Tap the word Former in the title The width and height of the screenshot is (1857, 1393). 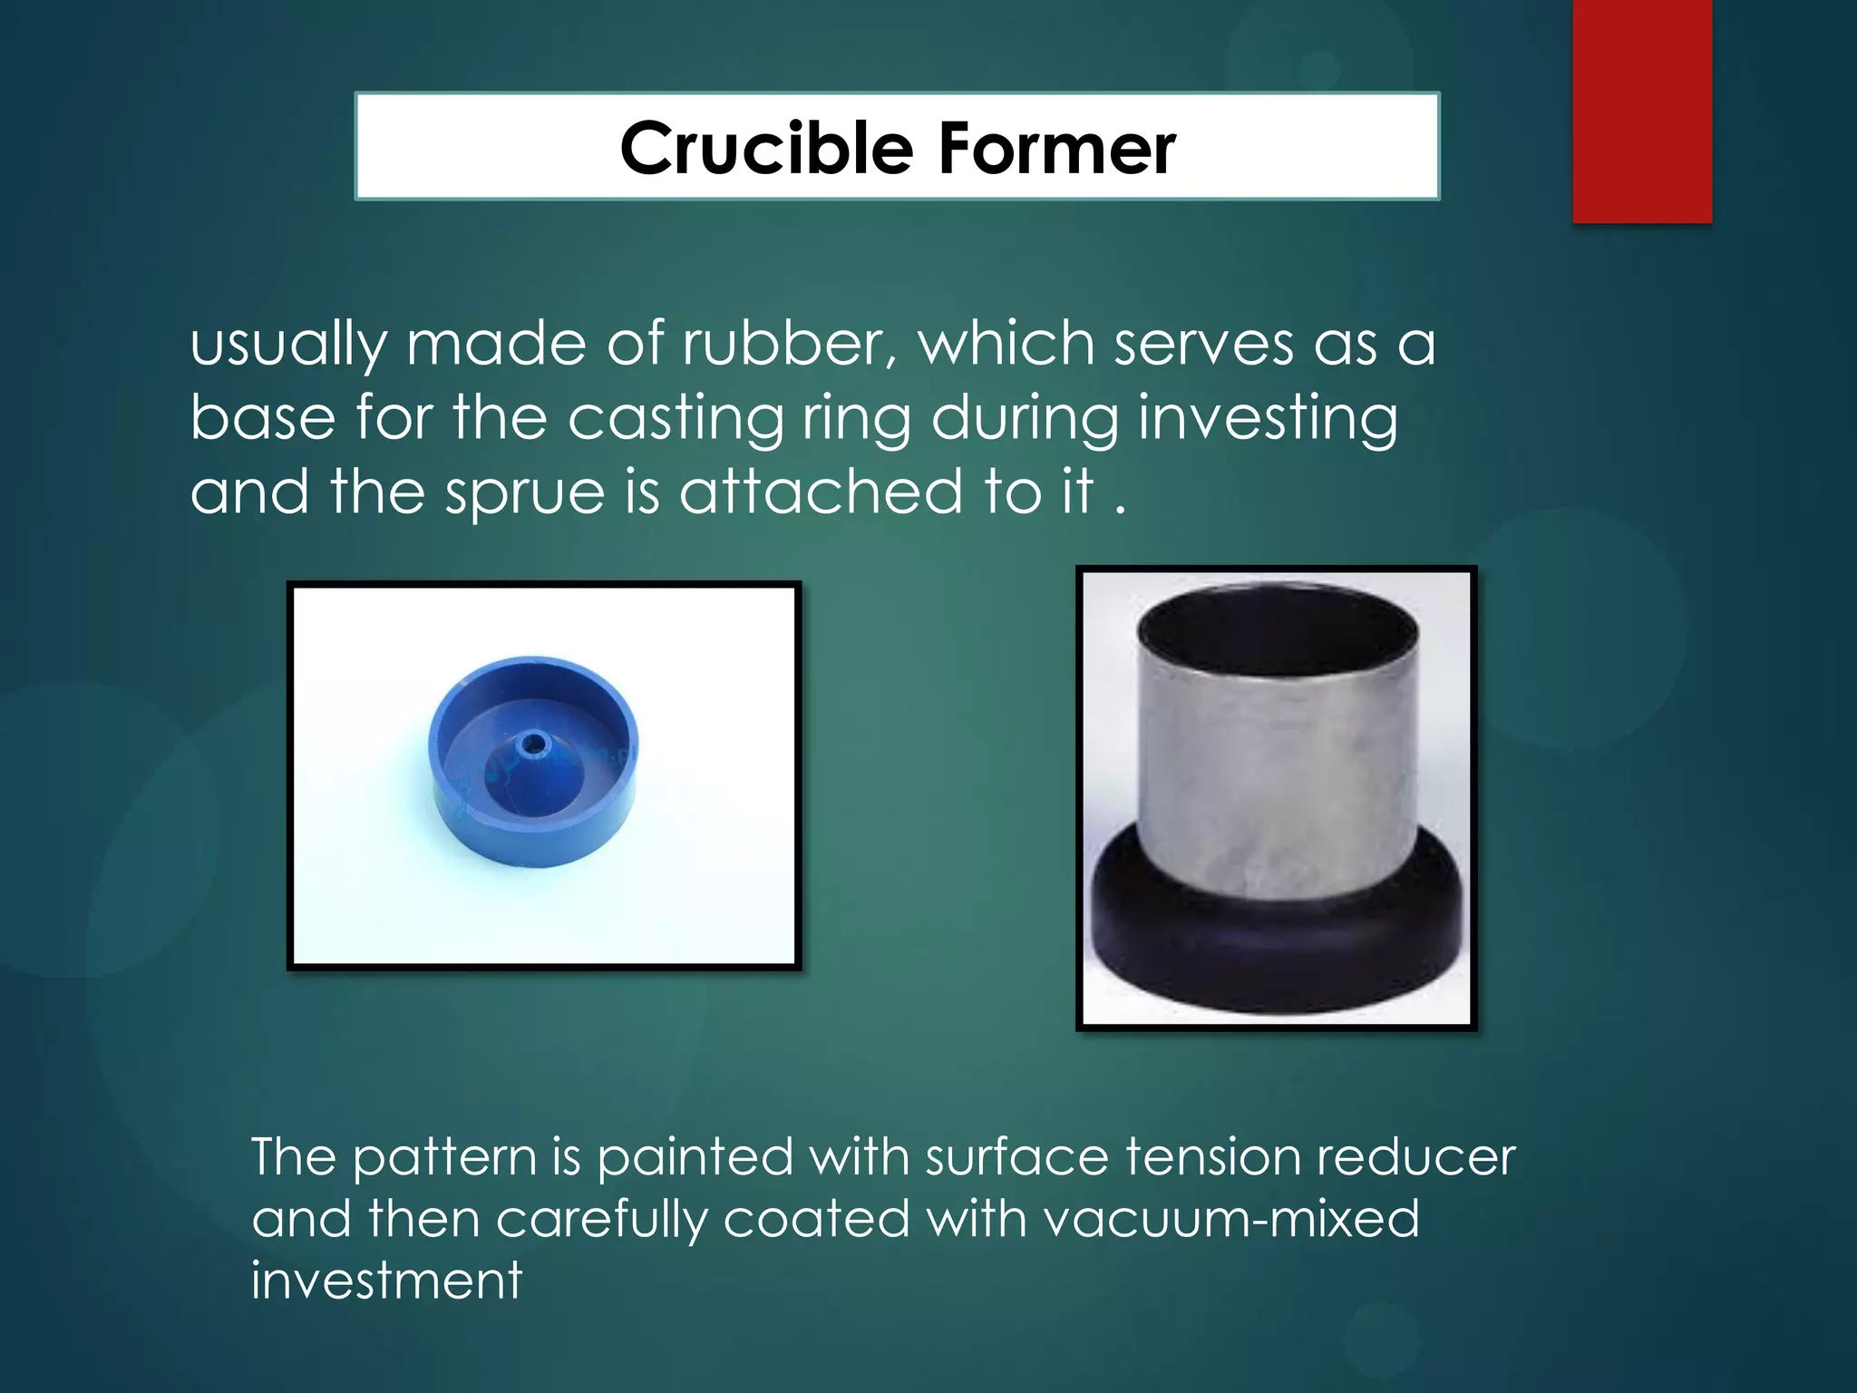click(1057, 148)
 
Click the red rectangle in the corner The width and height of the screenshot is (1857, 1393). click(1641, 111)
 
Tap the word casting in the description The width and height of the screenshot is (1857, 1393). click(676, 419)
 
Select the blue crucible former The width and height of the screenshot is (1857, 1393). click(533, 762)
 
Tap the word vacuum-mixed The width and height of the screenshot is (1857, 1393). click(1231, 1219)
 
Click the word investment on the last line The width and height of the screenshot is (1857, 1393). click(387, 1281)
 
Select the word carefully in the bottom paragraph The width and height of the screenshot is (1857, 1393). click(601, 1221)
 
